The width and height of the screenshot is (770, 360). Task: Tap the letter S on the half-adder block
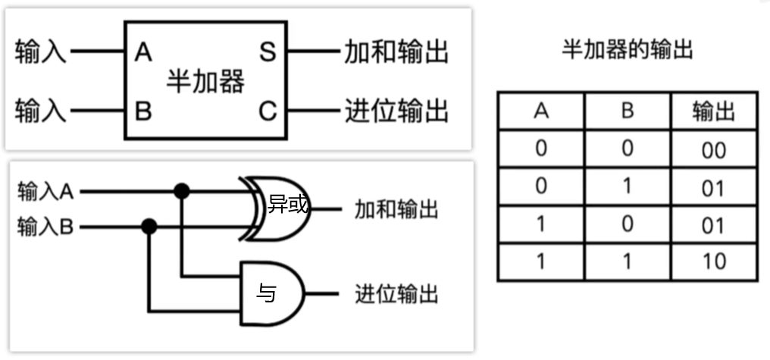coord(267,53)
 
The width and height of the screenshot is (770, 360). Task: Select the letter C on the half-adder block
coord(268,111)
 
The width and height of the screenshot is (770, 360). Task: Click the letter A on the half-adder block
coord(143,53)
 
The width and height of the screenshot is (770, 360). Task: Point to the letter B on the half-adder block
coord(143,111)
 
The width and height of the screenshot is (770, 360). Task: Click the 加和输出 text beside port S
coord(396,52)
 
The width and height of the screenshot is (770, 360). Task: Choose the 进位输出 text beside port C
coord(396,111)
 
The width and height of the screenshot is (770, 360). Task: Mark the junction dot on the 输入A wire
coord(181,191)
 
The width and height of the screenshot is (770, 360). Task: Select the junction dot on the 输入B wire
coord(149,226)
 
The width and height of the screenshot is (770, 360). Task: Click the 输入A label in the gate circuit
coord(45,191)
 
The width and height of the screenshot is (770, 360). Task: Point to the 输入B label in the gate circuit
coord(45,227)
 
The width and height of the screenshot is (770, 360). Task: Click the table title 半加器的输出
coord(628,52)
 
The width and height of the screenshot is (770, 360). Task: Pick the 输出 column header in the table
coord(713,111)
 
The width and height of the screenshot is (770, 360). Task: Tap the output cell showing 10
coord(713,262)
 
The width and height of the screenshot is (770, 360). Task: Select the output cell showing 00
coord(713,150)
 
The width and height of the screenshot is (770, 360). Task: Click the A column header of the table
coord(540,111)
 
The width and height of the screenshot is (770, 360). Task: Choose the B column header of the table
coord(627,111)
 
